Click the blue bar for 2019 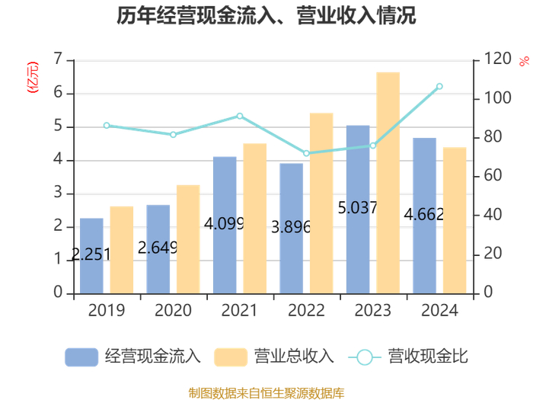pos(91,256)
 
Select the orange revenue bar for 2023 pos(388,183)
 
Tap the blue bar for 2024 pos(424,216)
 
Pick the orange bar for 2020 pos(188,239)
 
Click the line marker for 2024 pos(439,86)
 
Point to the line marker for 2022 pos(306,153)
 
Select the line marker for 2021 pos(240,116)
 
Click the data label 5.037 pos(357,208)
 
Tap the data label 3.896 pos(291,227)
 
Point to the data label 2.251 pos(91,254)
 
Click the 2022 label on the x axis pos(306,310)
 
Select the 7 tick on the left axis pos(58,59)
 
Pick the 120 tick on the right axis pos(497,59)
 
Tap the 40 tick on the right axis pos(493,215)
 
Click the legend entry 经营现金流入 pos(132,357)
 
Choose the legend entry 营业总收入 pos(274,357)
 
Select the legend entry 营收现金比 pos(408,357)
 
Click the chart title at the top pos(266,16)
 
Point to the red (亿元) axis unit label pos(33,77)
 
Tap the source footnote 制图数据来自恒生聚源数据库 pos(266,393)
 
